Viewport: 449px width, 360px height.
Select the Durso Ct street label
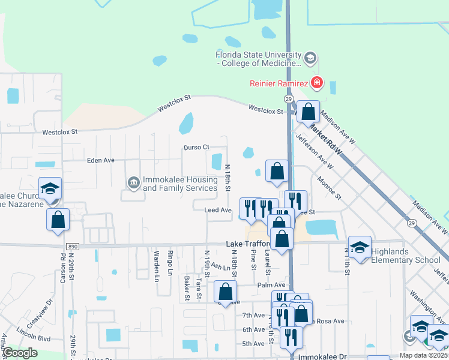click(x=196, y=147)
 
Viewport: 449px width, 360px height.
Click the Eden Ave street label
click(x=100, y=160)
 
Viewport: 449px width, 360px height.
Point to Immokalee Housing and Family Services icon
click(x=134, y=181)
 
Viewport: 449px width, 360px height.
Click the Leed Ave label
click(x=218, y=210)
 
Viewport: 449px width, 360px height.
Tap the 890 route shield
click(x=72, y=246)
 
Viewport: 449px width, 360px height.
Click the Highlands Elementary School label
click(x=405, y=256)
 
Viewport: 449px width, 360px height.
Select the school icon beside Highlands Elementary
click(x=360, y=247)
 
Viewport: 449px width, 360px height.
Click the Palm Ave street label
click(x=271, y=285)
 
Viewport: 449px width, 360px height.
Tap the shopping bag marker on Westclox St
click(x=308, y=112)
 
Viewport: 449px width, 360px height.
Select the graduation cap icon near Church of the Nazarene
click(x=50, y=188)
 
